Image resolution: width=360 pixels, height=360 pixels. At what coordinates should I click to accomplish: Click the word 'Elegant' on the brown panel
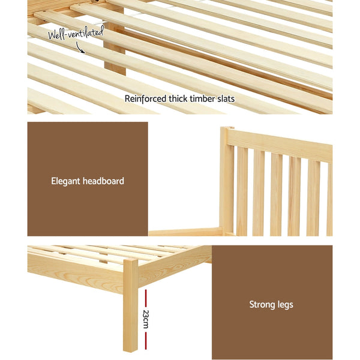(x=67, y=180)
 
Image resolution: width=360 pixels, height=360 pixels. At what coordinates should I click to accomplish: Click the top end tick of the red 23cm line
(x=145, y=290)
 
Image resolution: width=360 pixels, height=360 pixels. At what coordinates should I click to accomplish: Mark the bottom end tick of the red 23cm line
(x=145, y=348)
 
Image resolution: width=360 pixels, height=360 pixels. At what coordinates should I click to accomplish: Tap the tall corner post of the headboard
(x=226, y=180)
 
